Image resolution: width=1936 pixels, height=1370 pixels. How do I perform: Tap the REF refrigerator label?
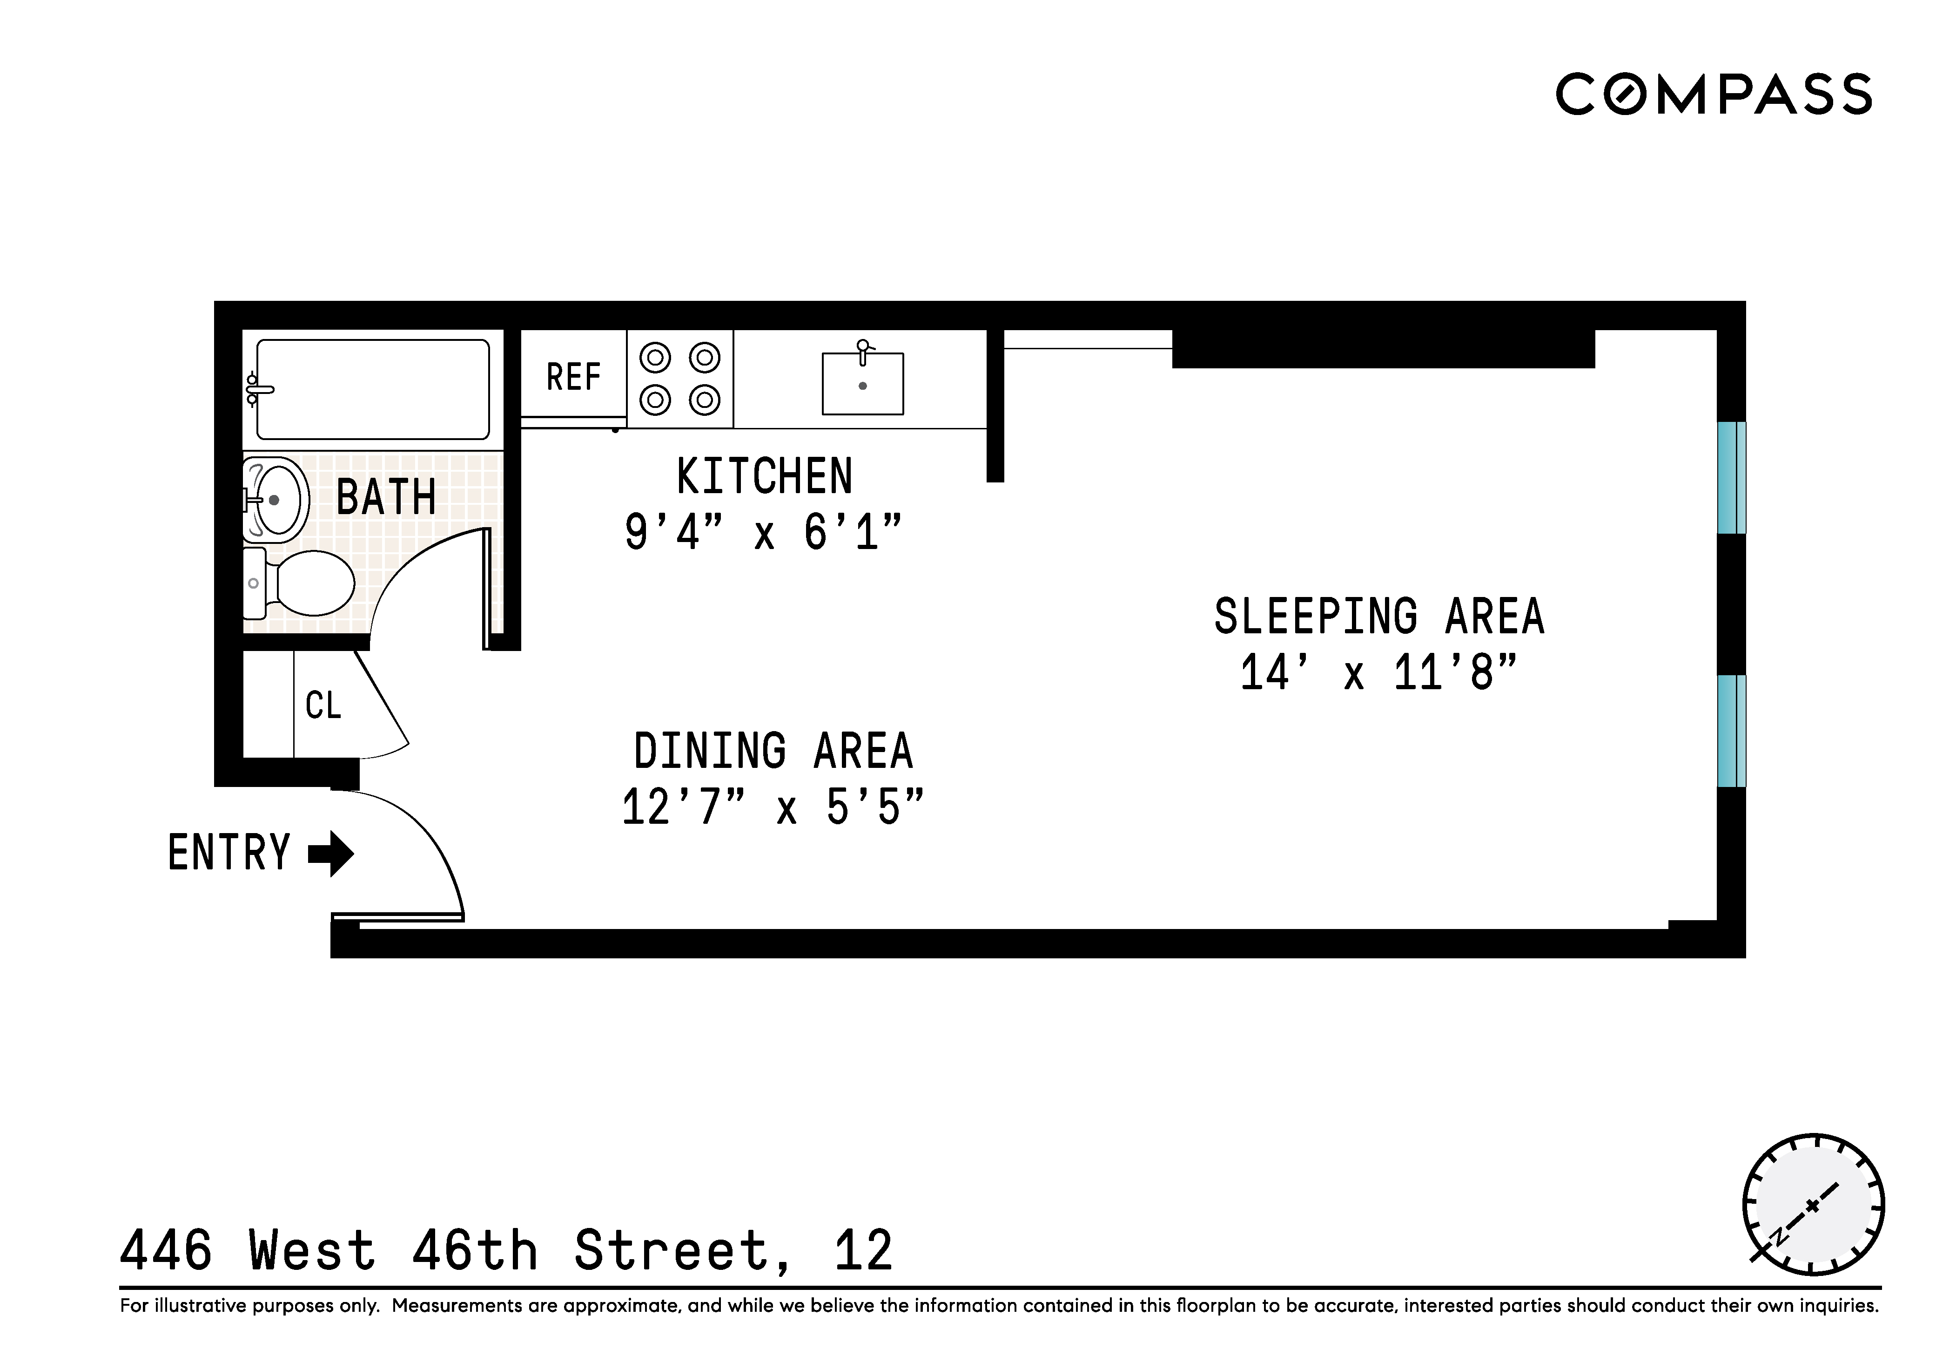[x=573, y=377]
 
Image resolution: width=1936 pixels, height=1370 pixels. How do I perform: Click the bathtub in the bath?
[x=373, y=390]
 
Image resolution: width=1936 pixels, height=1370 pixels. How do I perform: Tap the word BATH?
[x=386, y=497]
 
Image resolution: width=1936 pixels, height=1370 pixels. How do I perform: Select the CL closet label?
[x=323, y=705]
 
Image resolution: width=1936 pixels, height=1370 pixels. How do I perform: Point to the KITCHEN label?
[x=764, y=477]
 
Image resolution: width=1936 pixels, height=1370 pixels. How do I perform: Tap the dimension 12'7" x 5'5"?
[x=773, y=807]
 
